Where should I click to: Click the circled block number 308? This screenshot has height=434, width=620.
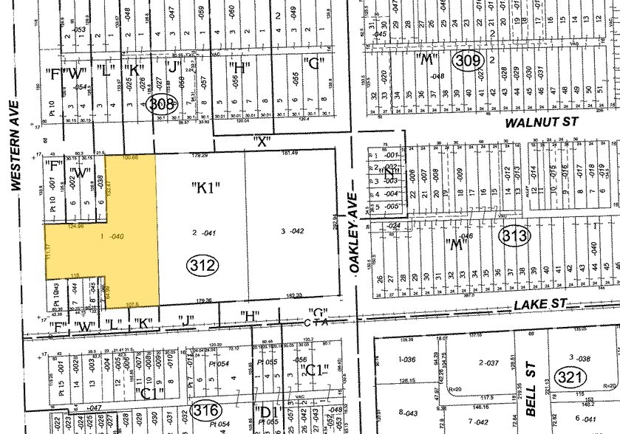click(x=161, y=104)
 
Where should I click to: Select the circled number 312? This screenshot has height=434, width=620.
click(x=202, y=264)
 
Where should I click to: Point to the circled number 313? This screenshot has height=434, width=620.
click(x=514, y=236)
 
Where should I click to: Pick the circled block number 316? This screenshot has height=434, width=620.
click(x=205, y=409)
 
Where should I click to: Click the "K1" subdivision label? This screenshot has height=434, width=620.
click(x=207, y=187)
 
